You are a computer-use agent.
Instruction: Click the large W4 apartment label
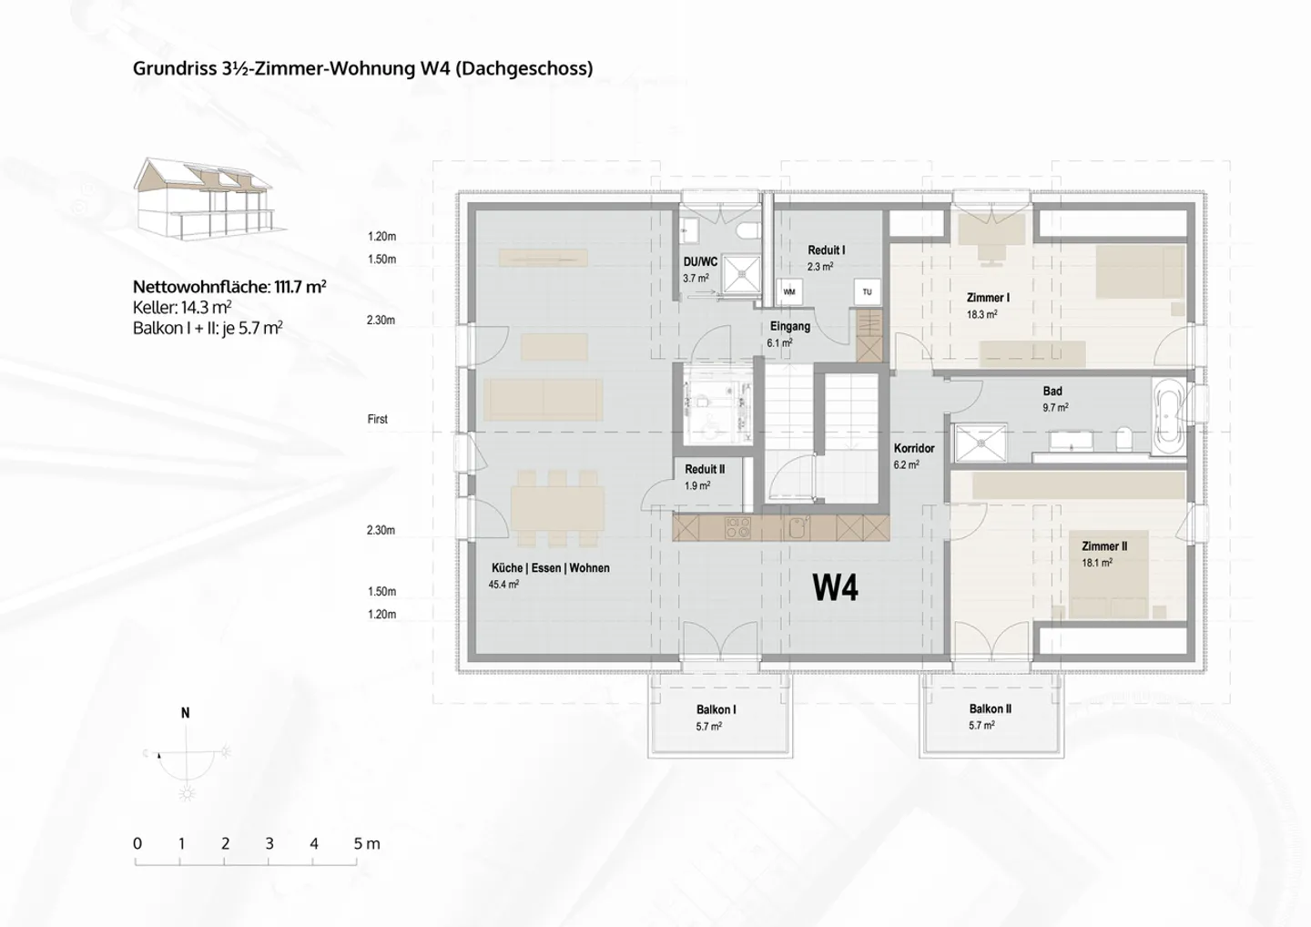point(835,587)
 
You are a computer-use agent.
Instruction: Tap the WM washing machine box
point(789,292)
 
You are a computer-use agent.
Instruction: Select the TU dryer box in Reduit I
point(867,292)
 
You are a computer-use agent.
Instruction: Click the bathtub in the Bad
point(1168,416)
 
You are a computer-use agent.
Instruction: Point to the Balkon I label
point(716,709)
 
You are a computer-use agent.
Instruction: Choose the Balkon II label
point(991,708)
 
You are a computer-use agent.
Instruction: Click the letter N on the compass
point(185,713)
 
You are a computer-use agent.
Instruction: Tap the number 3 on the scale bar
point(269,843)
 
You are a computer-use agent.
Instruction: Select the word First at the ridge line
point(378,419)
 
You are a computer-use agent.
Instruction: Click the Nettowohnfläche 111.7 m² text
point(229,287)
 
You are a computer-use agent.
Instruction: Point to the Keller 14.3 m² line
point(182,307)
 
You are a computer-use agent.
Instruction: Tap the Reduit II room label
point(705,469)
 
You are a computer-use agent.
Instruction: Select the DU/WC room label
point(700,262)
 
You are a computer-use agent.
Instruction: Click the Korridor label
point(914,448)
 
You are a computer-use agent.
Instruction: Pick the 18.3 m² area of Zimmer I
point(982,314)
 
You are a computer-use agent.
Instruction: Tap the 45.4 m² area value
point(504,584)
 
